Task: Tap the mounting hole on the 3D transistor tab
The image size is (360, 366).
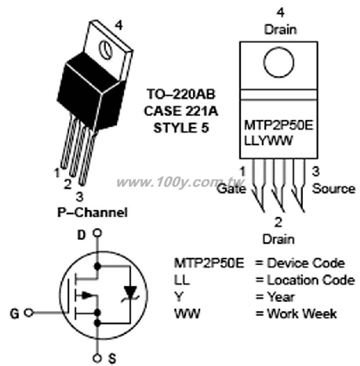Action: pos(106,49)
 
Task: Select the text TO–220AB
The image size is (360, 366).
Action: pos(181,94)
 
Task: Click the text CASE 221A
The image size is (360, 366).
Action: pos(181,111)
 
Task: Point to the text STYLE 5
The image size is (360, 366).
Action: pos(181,128)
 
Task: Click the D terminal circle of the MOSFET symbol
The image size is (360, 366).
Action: pos(97,233)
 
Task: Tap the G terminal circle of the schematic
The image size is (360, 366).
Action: pos(29,313)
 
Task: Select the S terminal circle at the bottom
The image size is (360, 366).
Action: pos(97,358)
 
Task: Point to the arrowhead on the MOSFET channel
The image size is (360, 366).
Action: pos(87,295)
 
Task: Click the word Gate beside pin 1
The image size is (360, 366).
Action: pos(231,189)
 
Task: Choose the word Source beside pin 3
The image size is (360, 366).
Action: pos(334,189)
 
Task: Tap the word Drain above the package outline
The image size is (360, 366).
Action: pos(280,30)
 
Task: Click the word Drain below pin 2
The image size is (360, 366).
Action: pos(278,240)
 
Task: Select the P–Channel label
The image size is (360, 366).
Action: pos(93,212)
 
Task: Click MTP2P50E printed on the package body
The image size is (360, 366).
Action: pos(278,125)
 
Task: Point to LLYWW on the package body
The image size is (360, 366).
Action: pos(268,141)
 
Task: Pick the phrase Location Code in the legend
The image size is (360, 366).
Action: pos(311,280)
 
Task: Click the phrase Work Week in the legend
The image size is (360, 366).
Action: pos(302,313)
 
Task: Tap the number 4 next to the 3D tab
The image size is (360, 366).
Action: pos(119,25)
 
